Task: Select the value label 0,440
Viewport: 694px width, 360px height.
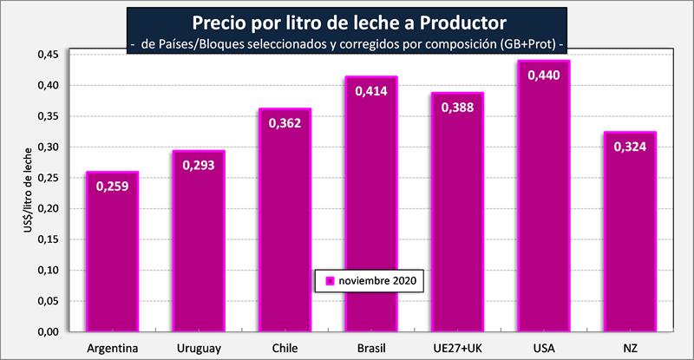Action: pos(544,75)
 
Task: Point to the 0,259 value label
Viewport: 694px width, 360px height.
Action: pos(112,186)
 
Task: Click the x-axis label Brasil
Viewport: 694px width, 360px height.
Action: pos(371,348)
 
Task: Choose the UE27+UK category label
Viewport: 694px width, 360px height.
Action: pos(458,348)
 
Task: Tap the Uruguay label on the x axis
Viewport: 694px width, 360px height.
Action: pos(199,348)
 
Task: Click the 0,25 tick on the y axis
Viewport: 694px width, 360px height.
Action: pos(48,178)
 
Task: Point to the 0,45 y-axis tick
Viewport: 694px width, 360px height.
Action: pos(48,55)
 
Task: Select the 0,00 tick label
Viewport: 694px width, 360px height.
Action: pos(48,332)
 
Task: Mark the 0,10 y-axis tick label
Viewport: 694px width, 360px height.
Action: pos(48,271)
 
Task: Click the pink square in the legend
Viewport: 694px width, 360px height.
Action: pos(330,282)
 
